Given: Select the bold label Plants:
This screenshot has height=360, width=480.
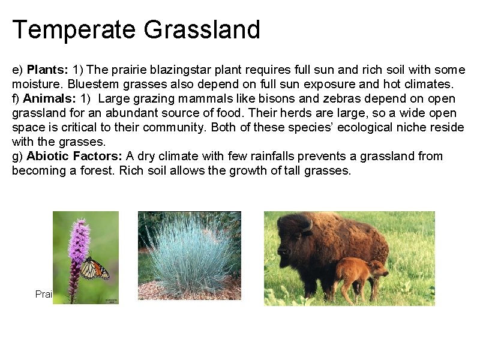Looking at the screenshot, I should coord(48,70).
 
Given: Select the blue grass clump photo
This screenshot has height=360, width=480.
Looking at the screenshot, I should coord(190,255).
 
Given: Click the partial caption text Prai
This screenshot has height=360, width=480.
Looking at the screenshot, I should coord(44,295).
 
